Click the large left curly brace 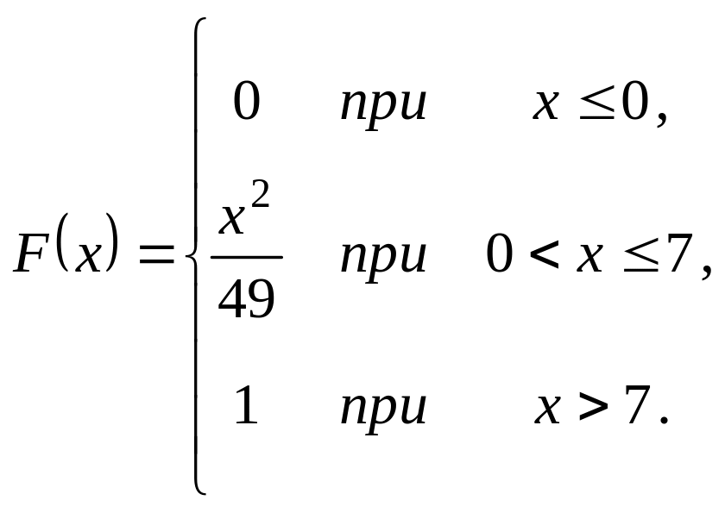[x=195, y=256]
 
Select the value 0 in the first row [x=246, y=103]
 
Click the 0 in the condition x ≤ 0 [x=635, y=103]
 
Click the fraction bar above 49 [x=246, y=256]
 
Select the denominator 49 [x=246, y=299]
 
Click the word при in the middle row [x=383, y=257]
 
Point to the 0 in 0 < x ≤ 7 [x=500, y=255]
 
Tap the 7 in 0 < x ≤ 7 [x=681, y=255]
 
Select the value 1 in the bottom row [x=246, y=407]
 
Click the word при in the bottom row [x=383, y=409]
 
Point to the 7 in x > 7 [x=636, y=407]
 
